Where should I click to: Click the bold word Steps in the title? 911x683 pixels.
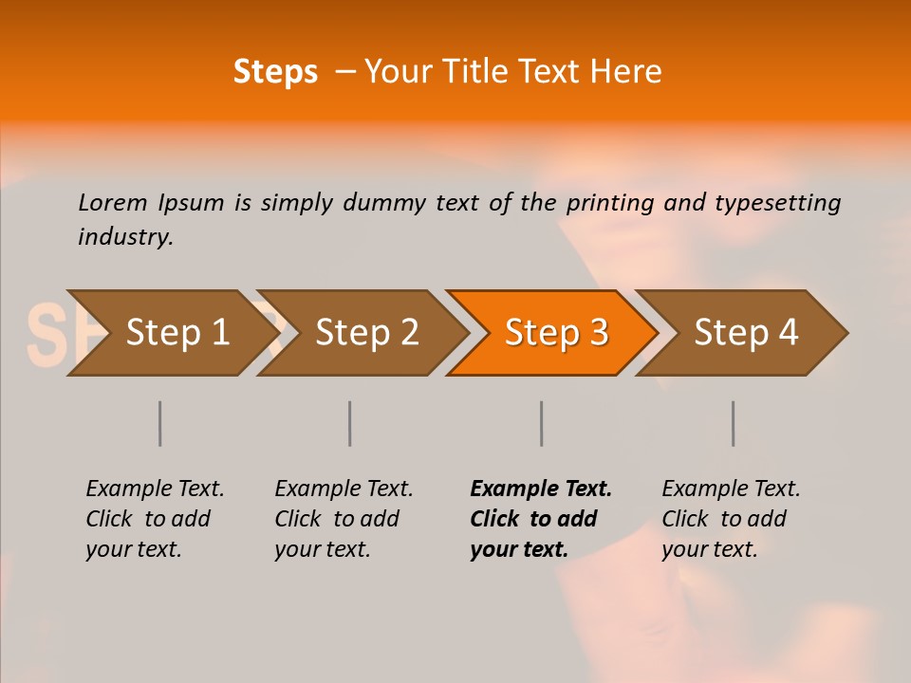pyautogui.click(x=275, y=72)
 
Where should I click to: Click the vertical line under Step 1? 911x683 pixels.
pyautogui.click(x=160, y=423)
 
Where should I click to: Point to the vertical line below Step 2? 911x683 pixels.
pyautogui.click(x=350, y=423)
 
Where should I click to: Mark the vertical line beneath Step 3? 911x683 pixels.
pyautogui.click(x=541, y=423)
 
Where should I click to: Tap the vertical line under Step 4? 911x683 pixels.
pyautogui.click(x=733, y=423)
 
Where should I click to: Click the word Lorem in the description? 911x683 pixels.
pyautogui.click(x=113, y=202)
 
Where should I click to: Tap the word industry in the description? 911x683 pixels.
pyautogui.click(x=124, y=237)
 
